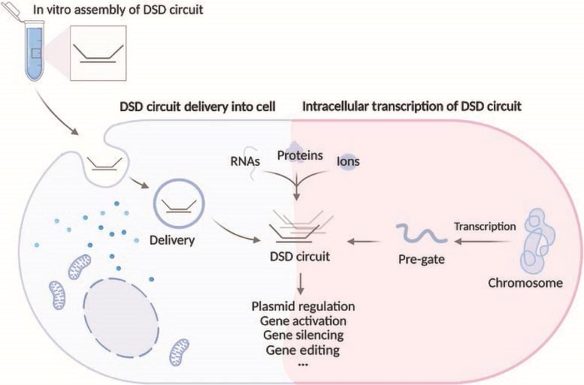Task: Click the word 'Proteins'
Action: [x=298, y=155]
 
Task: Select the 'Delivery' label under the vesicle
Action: [x=172, y=241]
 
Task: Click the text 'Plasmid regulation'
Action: [x=303, y=307]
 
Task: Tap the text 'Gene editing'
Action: [x=302, y=349]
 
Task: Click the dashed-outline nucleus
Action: [x=120, y=314]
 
